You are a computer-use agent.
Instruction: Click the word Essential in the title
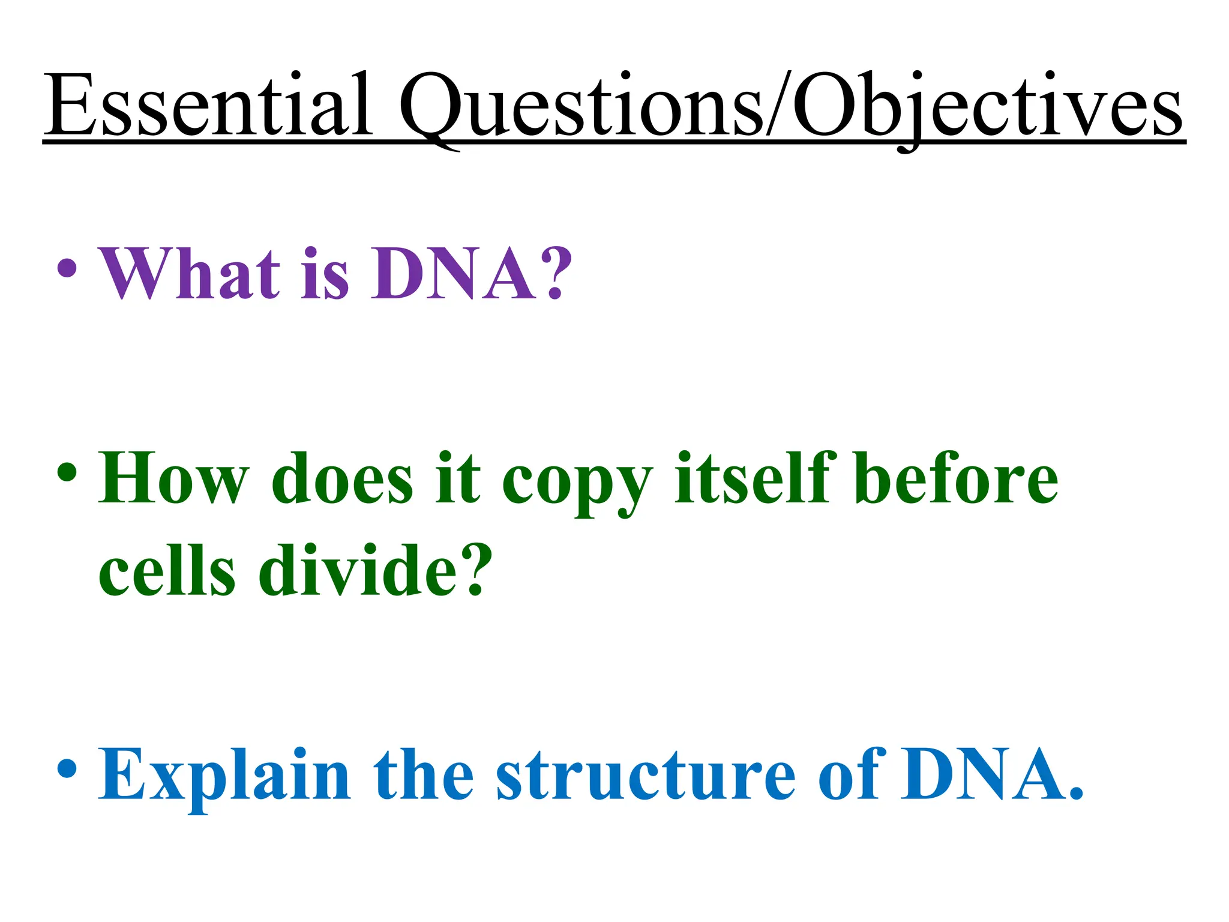208,105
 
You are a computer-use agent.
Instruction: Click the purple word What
190,274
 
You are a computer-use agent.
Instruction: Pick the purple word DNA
453,274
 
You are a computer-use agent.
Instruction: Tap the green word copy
577,484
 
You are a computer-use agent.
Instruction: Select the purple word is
325,274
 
